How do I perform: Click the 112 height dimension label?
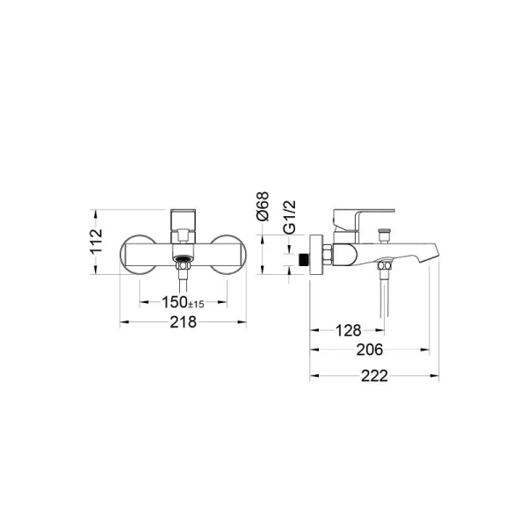(x=97, y=242)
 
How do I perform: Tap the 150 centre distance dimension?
(x=175, y=302)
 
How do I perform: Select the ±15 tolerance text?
(x=196, y=304)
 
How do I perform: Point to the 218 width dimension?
(x=184, y=322)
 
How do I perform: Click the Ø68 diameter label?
(x=263, y=206)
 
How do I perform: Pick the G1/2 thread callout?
(x=290, y=217)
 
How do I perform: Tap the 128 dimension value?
(x=349, y=330)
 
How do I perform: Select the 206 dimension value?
(x=370, y=350)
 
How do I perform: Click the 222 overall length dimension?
(x=374, y=376)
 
